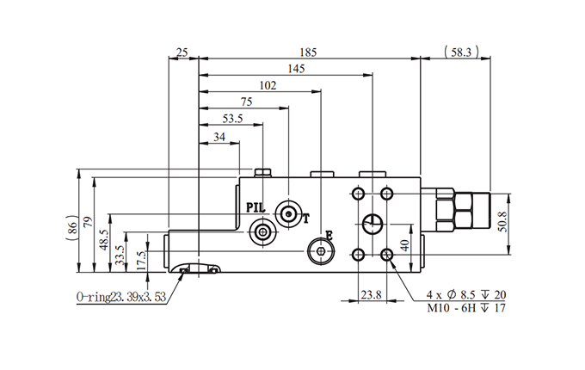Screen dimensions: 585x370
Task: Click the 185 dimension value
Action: tap(308, 52)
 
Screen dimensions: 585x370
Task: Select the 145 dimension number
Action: tap(296, 69)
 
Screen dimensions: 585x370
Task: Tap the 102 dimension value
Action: tap(268, 86)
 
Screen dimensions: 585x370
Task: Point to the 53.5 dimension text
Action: tap(233, 119)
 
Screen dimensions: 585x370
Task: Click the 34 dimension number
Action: tap(219, 137)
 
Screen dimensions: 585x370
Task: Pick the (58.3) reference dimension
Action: tap(461, 52)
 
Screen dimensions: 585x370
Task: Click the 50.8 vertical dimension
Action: tap(503, 222)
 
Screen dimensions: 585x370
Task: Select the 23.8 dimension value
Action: tap(372, 295)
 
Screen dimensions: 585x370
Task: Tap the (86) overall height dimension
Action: tap(72, 227)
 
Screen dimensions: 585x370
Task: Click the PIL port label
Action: tap(256, 207)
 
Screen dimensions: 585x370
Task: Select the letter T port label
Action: tap(306, 219)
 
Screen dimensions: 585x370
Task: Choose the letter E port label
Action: tap(329, 236)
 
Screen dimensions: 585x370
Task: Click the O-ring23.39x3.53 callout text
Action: tap(121, 297)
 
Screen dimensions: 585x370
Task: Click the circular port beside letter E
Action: tap(321, 250)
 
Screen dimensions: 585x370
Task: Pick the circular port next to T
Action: tap(288, 214)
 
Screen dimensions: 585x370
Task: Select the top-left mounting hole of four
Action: tap(358, 194)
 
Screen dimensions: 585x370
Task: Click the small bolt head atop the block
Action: tap(263, 173)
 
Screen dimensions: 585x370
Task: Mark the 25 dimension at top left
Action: tap(182, 52)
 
